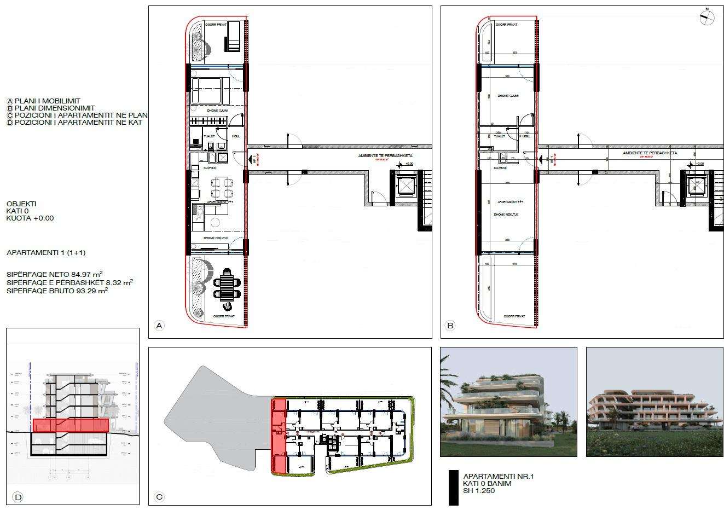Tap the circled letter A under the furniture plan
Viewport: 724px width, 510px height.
[x=159, y=326]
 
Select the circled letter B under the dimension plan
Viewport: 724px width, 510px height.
[x=450, y=326]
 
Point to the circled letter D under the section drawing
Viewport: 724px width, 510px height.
[x=18, y=497]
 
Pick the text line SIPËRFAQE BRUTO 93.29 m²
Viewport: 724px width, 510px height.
[x=57, y=292]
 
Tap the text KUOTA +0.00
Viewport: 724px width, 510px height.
[x=30, y=218]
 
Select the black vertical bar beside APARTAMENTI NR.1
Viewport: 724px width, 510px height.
[x=453, y=487]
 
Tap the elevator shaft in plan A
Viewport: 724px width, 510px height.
[x=406, y=186]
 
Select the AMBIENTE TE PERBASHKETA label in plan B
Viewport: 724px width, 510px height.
[x=650, y=153]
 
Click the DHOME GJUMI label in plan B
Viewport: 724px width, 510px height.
[x=507, y=96]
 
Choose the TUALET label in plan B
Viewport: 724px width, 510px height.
[x=499, y=136]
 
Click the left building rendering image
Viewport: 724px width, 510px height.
[x=508, y=402]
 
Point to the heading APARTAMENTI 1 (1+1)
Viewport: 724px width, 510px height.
[x=46, y=253]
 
